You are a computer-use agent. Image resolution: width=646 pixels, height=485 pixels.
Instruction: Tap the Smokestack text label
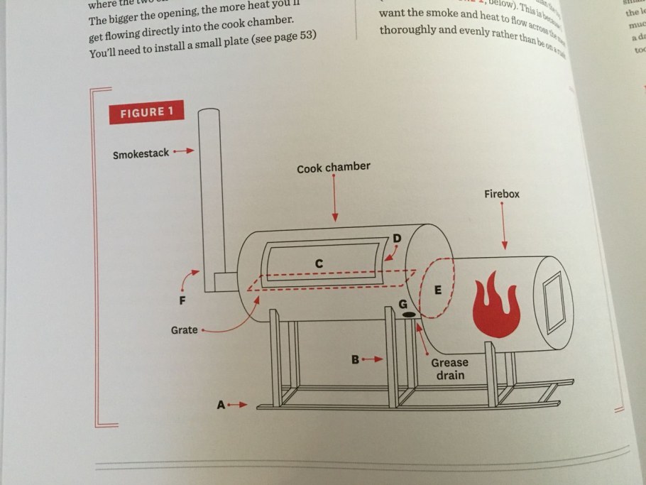(x=141, y=153)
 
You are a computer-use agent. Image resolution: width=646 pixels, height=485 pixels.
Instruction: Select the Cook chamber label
(x=333, y=168)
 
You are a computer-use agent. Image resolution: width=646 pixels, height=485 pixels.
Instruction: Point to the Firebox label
(x=502, y=193)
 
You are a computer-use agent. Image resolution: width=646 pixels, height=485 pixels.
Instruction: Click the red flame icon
(x=496, y=306)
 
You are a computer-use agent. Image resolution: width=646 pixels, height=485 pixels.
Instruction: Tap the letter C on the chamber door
(x=319, y=263)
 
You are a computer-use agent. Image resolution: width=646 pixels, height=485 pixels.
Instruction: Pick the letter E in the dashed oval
(x=437, y=290)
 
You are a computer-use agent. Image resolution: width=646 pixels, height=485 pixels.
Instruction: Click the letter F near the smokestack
(x=183, y=300)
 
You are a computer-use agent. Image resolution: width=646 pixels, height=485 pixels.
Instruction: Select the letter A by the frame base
(x=221, y=405)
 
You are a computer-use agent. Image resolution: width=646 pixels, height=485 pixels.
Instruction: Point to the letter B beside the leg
(x=356, y=359)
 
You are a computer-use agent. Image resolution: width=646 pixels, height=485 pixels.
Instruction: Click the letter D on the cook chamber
(x=397, y=238)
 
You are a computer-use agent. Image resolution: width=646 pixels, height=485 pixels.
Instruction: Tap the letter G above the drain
(x=403, y=304)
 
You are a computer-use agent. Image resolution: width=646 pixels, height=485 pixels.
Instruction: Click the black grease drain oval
(x=410, y=314)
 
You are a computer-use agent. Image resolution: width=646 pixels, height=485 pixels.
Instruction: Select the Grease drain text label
(x=449, y=368)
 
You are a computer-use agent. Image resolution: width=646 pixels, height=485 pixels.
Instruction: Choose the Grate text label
(x=184, y=330)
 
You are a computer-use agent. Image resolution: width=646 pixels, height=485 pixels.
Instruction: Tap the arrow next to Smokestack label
(x=183, y=151)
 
